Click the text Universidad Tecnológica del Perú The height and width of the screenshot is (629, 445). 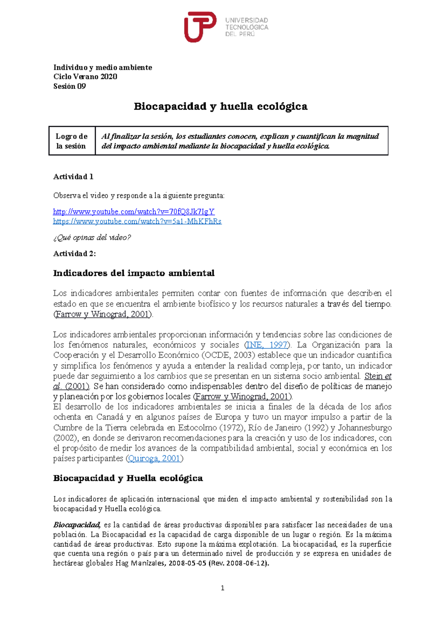(247, 27)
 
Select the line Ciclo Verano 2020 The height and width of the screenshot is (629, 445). (85, 77)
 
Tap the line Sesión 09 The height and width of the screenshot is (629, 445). (69, 86)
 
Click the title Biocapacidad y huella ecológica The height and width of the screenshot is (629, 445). (220, 107)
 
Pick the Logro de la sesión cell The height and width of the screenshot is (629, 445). (72, 141)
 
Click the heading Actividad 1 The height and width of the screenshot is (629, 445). (73, 177)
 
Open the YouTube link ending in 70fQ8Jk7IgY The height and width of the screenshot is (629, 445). (133, 212)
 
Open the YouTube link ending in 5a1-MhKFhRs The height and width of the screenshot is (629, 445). (137, 221)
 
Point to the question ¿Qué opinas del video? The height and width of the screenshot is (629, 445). (92, 237)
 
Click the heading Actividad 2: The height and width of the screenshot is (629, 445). (75, 254)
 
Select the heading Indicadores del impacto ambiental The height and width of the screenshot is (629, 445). (133, 273)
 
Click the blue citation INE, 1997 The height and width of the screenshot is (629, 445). (267, 345)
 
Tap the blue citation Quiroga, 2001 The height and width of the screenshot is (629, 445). (154, 458)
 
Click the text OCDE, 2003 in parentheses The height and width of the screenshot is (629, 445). (228, 355)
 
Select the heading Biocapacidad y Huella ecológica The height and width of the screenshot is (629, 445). (128, 478)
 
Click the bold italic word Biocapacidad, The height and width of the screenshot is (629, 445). (77, 525)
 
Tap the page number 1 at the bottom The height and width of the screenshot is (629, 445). (222, 588)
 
